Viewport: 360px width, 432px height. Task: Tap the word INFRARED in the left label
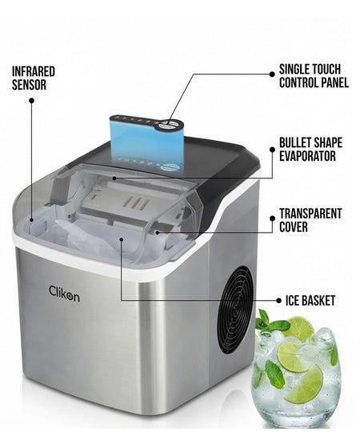(x=34, y=72)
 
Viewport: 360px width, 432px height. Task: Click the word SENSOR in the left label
(x=29, y=85)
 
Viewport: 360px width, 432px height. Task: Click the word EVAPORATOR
(x=307, y=156)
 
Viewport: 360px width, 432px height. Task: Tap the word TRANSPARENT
(x=310, y=214)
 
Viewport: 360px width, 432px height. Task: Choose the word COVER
(x=294, y=226)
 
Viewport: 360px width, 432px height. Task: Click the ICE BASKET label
(x=310, y=300)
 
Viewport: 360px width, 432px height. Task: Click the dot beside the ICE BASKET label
(x=278, y=300)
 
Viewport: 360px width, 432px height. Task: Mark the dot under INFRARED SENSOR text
(x=32, y=101)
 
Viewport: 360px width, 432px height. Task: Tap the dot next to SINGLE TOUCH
(x=272, y=74)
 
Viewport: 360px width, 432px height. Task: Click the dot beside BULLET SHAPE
(x=272, y=150)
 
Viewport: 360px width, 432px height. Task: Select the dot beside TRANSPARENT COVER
(x=272, y=218)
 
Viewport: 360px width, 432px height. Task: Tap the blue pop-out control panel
(x=147, y=142)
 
